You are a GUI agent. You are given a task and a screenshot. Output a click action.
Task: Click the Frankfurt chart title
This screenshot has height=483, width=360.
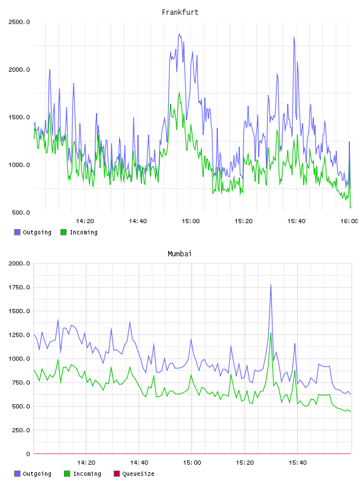180,12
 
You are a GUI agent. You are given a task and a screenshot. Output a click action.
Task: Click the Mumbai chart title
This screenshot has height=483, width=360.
179,254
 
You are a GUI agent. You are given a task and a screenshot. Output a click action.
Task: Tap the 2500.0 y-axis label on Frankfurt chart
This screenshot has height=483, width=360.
19,22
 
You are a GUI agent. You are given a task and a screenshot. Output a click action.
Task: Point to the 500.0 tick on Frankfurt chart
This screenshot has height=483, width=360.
21,212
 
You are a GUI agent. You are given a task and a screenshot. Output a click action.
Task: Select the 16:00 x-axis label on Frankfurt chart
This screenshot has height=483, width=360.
349,221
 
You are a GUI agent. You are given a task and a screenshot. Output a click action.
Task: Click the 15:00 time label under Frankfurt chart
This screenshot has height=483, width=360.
191,221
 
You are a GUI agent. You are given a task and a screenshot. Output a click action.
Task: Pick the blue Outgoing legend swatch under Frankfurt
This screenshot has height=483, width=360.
17,232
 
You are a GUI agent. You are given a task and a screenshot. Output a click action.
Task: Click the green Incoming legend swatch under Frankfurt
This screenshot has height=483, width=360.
63,232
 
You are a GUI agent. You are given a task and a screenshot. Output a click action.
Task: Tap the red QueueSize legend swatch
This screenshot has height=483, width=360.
117,474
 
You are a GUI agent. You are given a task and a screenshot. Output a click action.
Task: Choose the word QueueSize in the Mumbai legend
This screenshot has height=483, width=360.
139,474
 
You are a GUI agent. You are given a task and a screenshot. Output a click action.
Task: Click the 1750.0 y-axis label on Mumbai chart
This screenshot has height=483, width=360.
19,288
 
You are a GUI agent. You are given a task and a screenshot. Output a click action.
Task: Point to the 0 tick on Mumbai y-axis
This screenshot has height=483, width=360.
28,454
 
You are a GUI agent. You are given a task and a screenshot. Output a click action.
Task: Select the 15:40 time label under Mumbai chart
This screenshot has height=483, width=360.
298,463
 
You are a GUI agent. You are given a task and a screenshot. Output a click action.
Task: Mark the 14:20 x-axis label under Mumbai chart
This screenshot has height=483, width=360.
86,463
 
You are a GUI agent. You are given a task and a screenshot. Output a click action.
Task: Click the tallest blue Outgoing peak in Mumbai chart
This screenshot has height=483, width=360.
271,285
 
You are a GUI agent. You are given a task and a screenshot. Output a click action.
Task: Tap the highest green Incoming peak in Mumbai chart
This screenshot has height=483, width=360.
271,333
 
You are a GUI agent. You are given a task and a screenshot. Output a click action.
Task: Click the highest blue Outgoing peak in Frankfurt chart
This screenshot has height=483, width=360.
179,34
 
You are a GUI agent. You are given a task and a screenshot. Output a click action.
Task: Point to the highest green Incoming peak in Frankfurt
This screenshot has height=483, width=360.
179,92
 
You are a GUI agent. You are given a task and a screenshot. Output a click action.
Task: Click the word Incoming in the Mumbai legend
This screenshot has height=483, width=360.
87,474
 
